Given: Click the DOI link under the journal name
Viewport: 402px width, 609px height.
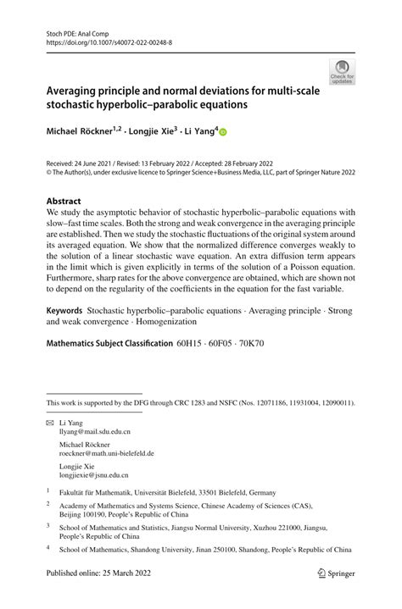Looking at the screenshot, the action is pyautogui.click(x=109, y=40).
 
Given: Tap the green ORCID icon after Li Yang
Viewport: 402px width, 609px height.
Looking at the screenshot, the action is pyautogui.click(x=224, y=132).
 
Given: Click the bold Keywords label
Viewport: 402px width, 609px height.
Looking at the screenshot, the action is pyautogui.click(x=65, y=311).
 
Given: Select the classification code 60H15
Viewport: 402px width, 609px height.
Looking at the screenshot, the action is pyautogui.click(x=190, y=345).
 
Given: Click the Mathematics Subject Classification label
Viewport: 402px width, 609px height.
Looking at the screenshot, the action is pyautogui.click(x=109, y=345).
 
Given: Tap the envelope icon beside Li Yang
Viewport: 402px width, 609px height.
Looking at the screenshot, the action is pyautogui.click(x=50, y=421).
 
